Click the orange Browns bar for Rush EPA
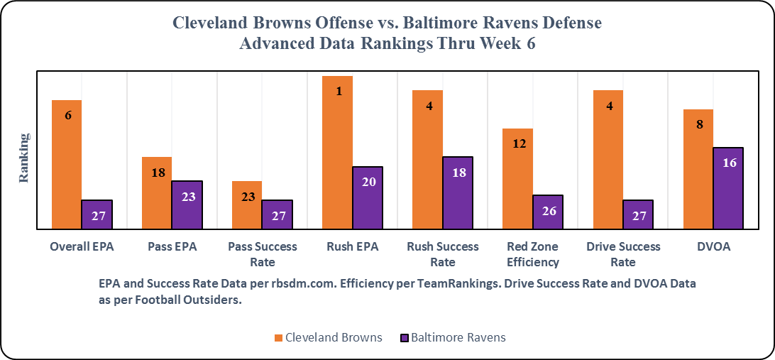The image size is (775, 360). pyautogui.click(x=337, y=152)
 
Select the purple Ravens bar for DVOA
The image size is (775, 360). pyautogui.click(x=727, y=188)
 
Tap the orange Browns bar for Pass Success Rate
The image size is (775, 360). pyautogui.click(x=247, y=205)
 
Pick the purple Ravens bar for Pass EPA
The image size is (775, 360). pyautogui.click(x=187, y=204)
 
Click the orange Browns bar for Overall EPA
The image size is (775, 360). pyautogui.click(x=67, y=164)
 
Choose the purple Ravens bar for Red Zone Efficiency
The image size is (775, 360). pyautogui.click(x=547, y=212)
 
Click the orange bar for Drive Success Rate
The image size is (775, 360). pyautogui.click(x=608, y=159)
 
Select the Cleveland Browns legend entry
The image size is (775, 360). pyautogui.click(x=327, y=337)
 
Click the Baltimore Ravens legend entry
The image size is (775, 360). pyautogui.click(x=454, y=337)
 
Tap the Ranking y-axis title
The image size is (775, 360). pyautogui.click(x=24, y=158)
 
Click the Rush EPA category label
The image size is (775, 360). pyautogui.click(x=353, y=247)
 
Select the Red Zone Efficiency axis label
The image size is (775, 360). pyautogui.click(x=533, y=254)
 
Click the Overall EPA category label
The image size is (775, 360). pyautogui.click(x=82, y=247)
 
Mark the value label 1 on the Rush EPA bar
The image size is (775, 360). pyautogui.click(x=339, y=90)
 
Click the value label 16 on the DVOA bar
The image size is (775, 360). pyautogui.click(x=728, y=163)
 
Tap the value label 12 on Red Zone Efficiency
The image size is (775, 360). pyautogui.click(x=519, y=143)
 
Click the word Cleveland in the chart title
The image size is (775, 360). pyautogui.click(x=212, y=23)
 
